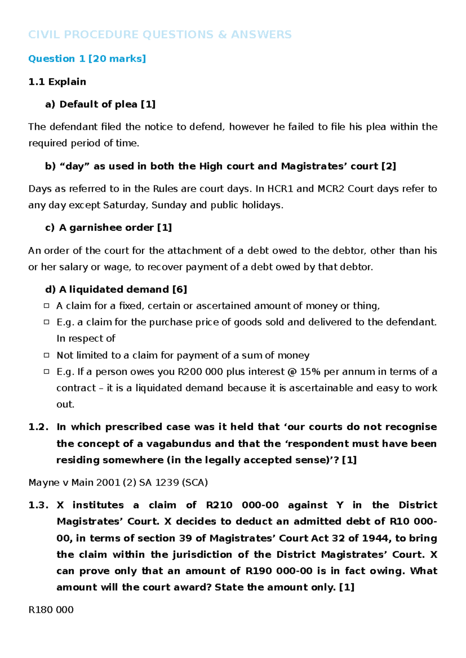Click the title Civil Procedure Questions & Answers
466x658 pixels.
pyautogui.click(x=160, y=35)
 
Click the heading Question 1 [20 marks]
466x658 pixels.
pyautogui.click(x=87, y=59)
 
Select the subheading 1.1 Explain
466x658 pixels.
pyautogui.click(x=57, y=82)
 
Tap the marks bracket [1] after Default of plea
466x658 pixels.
pyautogui.click(x=148, y=104)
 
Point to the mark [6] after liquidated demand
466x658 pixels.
pyautogui.click(x=179, y=289)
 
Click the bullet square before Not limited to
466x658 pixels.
pyautogui.click(x=47, y=355)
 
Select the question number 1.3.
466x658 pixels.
pyautogui.click(x=38, y=505)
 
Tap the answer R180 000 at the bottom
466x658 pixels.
pyautogui.click(x=51, y=610)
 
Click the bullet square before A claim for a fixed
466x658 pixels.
pyautogui.click(x=47, y=306)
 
